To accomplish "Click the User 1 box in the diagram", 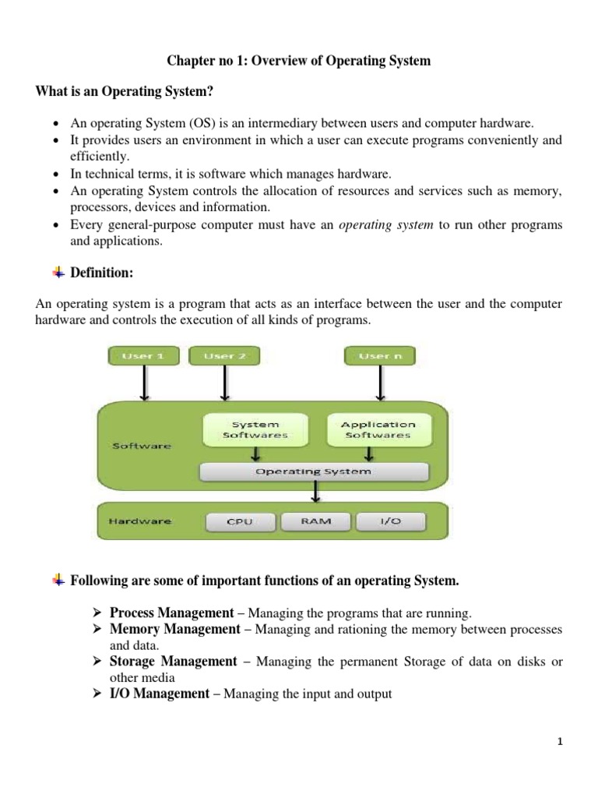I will (x=143, y=356).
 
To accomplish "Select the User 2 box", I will (x=224, y=356).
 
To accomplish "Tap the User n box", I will (x=380, y=356).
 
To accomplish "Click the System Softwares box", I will (x=255, y=429).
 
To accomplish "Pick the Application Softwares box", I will (x=378, y=429).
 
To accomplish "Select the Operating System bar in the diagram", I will (x=314, y=471).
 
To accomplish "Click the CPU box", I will (x=239, y=521).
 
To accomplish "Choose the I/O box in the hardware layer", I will (x=390, y=521).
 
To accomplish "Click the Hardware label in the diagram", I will (x=141, y=521).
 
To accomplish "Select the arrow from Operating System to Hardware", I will (x=315, y=492).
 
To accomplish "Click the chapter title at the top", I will (x=298, y=61).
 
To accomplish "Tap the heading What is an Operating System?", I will (x=125, y=92).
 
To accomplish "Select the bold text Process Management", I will (x=171, y=613).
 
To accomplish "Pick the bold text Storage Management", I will (x=173, y=662).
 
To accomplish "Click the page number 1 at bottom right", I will (x=559, y=742).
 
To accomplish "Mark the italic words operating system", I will (x=387, y=224).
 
